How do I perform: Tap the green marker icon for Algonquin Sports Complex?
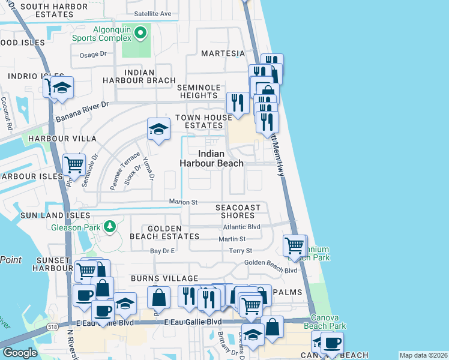(141, 32)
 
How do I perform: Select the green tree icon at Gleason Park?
(109, 226)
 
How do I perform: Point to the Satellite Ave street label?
(152, 13)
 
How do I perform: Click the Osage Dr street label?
(93, 55)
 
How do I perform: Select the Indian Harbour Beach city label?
(212, 158)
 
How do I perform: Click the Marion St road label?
(183, 202)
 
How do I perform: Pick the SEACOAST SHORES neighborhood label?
(238, 212)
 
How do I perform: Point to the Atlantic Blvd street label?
(241, 227)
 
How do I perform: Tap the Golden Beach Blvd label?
(271, 271)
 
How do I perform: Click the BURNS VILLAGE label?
(164, 279)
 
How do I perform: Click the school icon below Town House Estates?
(159, 129)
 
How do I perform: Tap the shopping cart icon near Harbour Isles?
(74, 164)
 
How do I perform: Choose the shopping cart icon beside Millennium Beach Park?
(294, 245)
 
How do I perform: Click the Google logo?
(20, 353)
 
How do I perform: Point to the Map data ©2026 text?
(423, 355)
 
